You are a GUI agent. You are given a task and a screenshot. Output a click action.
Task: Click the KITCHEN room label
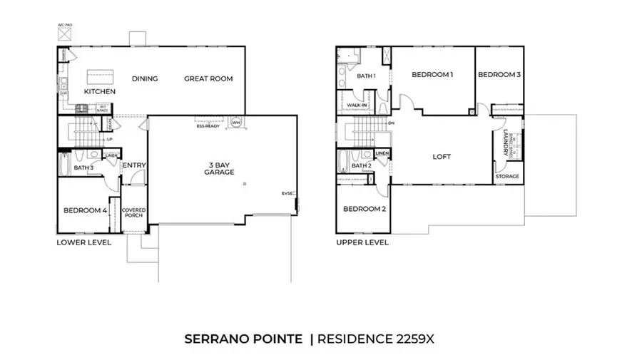pyautogui.click(x=99, y=92)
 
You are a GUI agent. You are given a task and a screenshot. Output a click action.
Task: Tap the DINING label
pyautogui.click(x=145, y=78)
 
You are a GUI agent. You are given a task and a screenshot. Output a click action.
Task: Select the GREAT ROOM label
pyautogui.click(x=208, y=78)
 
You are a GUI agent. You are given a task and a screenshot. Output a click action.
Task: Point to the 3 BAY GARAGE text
pyautogui.click(x=219, y=168)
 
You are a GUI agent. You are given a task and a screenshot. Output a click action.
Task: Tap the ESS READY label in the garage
pyautogui.click(x=208, y=125)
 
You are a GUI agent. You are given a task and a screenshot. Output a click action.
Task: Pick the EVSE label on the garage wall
pyautogui.click(x=287, y=193)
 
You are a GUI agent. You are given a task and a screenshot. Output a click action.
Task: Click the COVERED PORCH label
pyautogui.click(x=133, y=212)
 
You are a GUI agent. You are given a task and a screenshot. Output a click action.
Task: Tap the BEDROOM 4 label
pyautogui.click(x=84, y=210)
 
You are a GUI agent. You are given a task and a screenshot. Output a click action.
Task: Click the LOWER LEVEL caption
pyautogui.click(x=83, y=242)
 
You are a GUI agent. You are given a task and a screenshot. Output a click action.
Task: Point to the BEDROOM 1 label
pyautogui.click(x=432, y=75)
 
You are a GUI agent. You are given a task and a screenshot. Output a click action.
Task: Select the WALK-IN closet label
pyautogui.click(x=356, y=105)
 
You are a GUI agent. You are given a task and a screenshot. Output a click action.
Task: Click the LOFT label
pyautogui.click(x=442, y=157)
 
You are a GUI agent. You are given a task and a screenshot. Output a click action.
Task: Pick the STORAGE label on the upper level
pyautogui.click(x=507, y=176)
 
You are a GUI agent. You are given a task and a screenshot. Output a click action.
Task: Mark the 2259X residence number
pyautogui.click(x=412, y=337)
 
